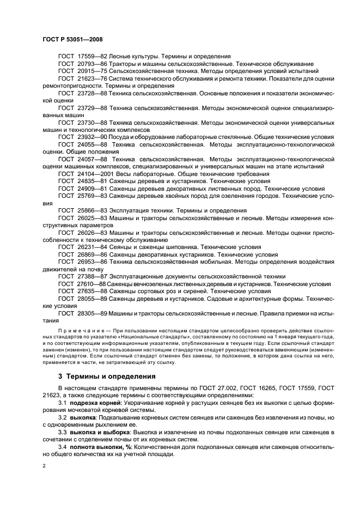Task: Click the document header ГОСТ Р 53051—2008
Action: coord(72,40)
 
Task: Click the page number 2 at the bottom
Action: coord(45,466)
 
